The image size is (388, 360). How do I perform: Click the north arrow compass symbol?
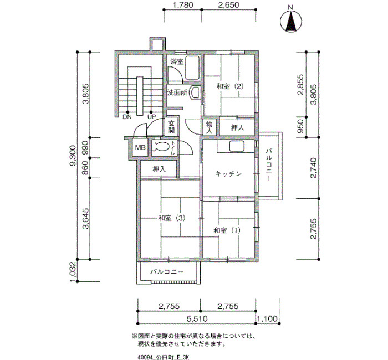pos(291,22)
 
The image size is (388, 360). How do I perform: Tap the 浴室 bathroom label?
pos(177,61)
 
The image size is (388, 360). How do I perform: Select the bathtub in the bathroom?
pos(192,68)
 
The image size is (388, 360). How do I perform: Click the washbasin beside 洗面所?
pos(195,92)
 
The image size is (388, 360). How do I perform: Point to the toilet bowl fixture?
pos(160,146)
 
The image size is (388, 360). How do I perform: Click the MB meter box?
pos(140,148)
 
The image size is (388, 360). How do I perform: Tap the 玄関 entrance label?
pos(171,127)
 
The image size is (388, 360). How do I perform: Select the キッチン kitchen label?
pos(228,174)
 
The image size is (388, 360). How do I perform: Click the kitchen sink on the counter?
pos(237,146)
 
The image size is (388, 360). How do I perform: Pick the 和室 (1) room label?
pos(227,230)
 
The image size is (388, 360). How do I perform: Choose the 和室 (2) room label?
pos(230,86)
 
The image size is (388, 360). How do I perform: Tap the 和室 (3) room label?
pos(172,218)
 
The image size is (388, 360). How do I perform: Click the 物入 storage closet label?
pos(210,127)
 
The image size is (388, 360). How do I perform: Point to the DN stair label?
pos(127,117)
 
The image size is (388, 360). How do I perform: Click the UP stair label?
pos(152,117)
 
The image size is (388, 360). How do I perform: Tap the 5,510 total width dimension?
pos(197,318)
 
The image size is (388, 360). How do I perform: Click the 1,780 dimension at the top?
pos(182,5)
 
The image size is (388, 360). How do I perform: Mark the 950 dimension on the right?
pos(300,126)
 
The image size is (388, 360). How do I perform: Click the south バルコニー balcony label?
pos(167,272)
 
